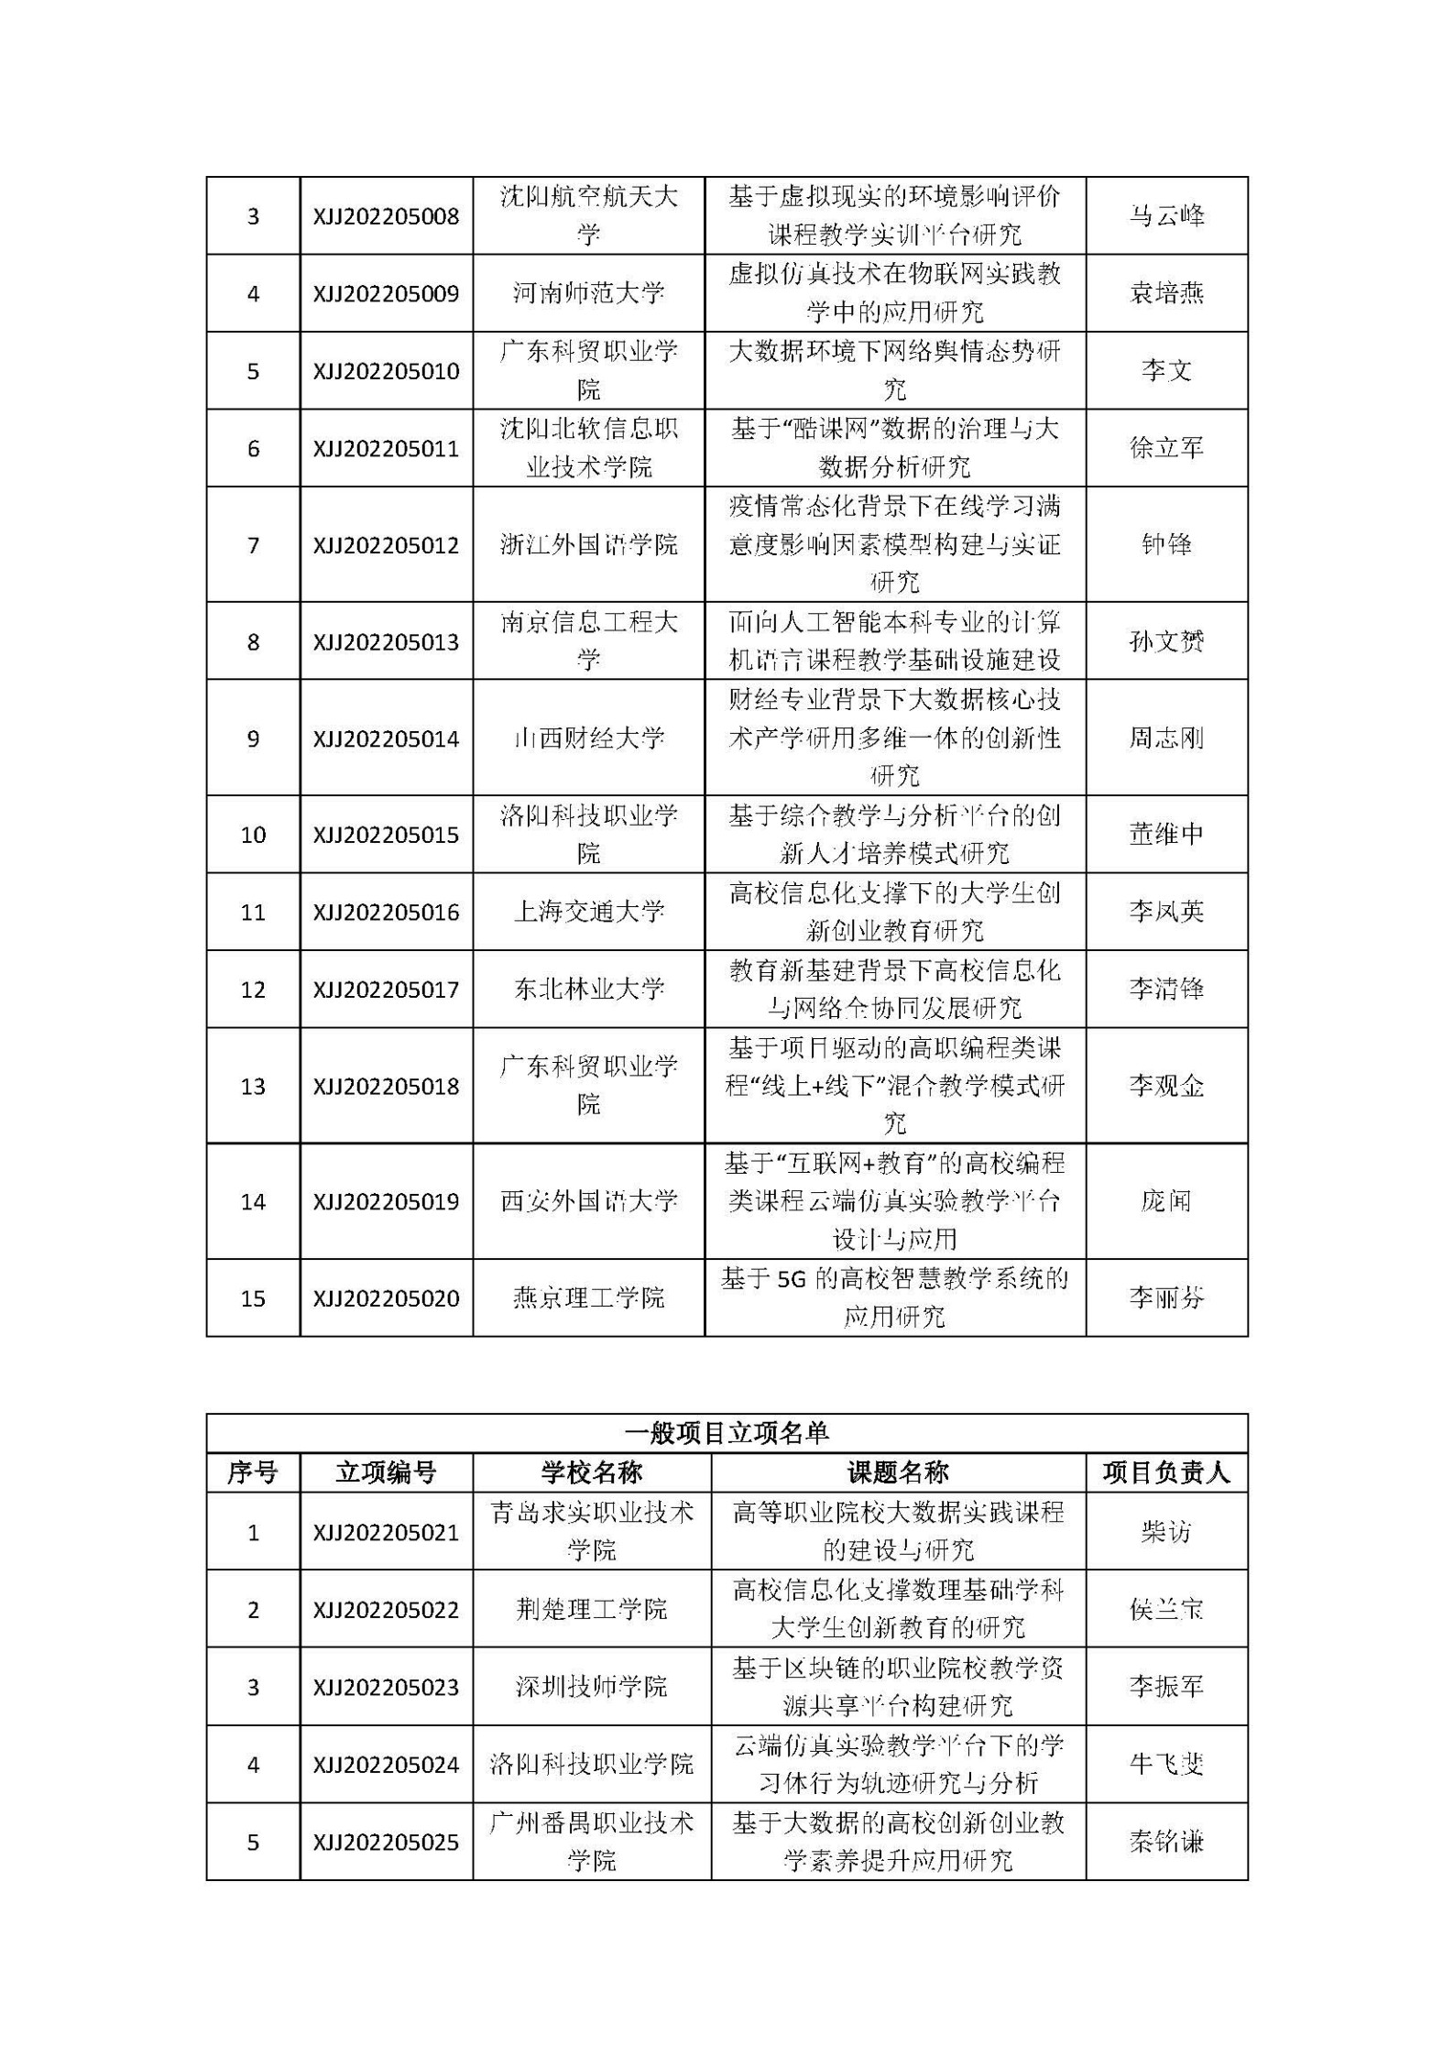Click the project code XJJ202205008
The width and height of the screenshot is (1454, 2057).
pos(386,216)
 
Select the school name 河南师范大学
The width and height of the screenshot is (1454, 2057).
pos(588,293)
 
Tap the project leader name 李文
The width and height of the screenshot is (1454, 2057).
pos(1165,371)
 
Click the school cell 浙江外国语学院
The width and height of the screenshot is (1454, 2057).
pos(588,545)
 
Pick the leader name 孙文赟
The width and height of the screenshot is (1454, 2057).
pos(1165,641)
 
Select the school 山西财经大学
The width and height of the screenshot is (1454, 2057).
pos(588,739)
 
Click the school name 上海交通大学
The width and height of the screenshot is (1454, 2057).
pos(588,912)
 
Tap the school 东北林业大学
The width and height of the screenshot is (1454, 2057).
pos(588,990)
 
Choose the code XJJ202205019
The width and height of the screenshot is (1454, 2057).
pos(386,1201)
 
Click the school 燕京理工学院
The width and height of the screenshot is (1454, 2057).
pos(588,1298)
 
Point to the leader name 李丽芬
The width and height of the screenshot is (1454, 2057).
pos(1165,1298)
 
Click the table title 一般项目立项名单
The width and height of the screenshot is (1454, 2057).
pos(726,1434)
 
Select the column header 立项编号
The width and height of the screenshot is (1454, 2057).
pos(386,1472)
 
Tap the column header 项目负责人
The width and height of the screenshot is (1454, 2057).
pos(1165,1472)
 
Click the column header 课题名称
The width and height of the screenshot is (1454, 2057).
pos(897,1472)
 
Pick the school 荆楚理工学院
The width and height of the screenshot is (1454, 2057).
pos(591,1610)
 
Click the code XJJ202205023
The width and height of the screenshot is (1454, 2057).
pos(386,1687)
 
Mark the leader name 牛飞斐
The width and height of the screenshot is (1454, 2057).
pos(1165,1765)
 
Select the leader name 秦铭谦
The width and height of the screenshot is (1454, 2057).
pos(1165,1842)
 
